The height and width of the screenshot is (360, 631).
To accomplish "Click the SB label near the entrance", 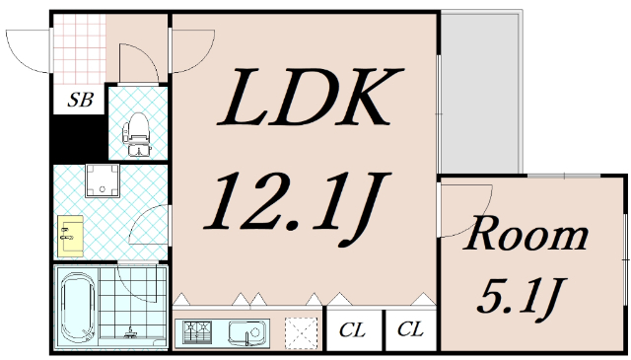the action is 81,100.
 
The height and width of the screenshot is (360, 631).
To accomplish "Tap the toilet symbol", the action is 137,134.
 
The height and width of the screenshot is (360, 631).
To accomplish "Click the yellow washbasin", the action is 70,236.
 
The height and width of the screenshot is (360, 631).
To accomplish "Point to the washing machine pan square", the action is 103,180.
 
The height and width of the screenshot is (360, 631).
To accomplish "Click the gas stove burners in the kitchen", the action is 197,331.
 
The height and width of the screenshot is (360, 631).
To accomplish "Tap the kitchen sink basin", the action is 248,332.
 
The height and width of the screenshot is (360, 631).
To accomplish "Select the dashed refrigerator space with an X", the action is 301,333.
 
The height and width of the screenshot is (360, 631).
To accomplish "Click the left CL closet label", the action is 352,330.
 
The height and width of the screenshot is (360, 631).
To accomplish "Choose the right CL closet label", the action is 410,329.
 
